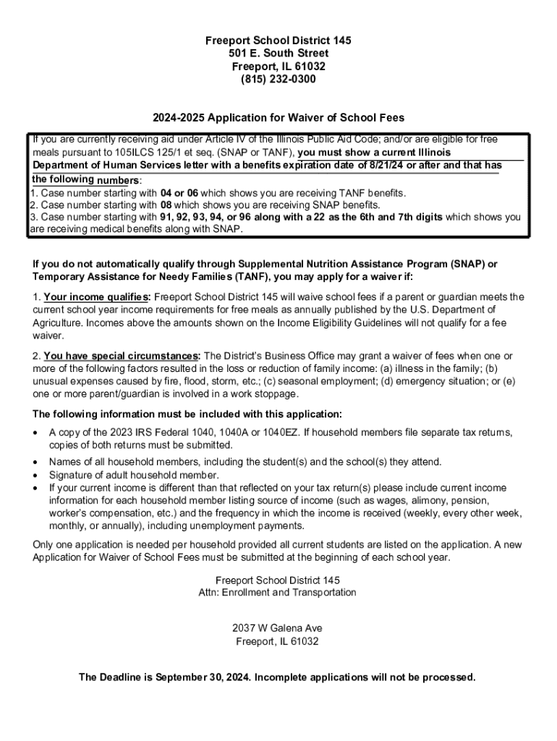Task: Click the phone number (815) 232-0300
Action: tap(278, 80)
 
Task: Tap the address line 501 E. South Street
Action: tap(278, 54)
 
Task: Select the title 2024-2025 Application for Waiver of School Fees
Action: tap(278, 117)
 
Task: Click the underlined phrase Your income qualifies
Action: tap(97, 297)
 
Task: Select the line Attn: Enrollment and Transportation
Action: tap(278, 593)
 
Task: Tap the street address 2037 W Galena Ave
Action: tap(278, 627)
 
